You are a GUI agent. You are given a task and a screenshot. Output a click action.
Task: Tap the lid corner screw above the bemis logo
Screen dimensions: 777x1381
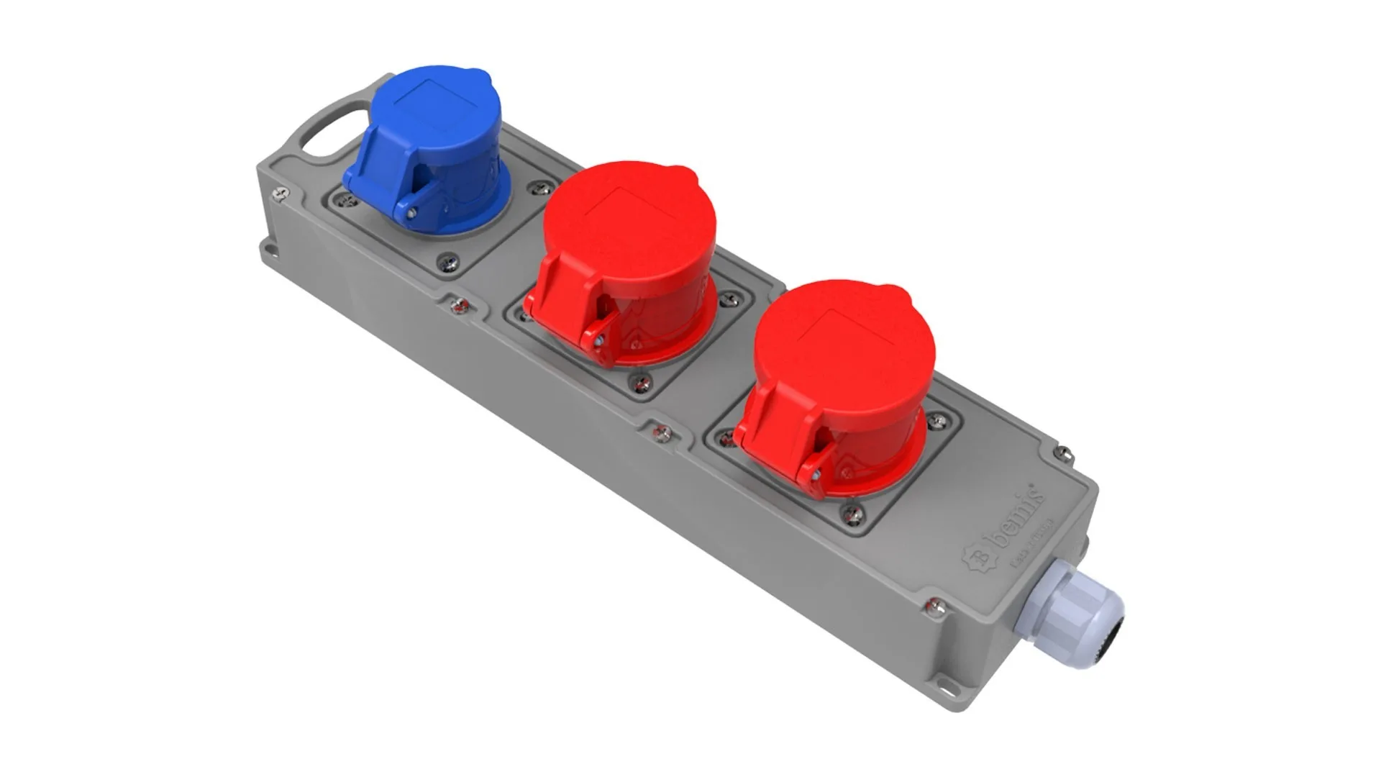tap(1064, 454)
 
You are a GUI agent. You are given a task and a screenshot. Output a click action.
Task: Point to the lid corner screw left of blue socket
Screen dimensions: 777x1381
tap(281, 192)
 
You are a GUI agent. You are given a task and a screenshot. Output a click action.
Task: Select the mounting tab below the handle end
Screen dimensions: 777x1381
tap(269, 250)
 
